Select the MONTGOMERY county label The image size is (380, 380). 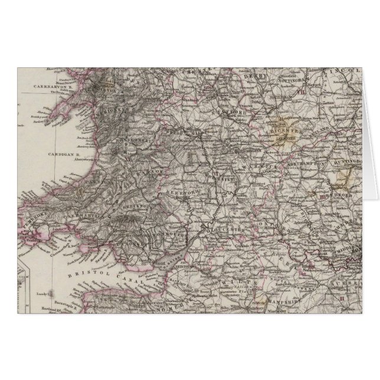131,142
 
